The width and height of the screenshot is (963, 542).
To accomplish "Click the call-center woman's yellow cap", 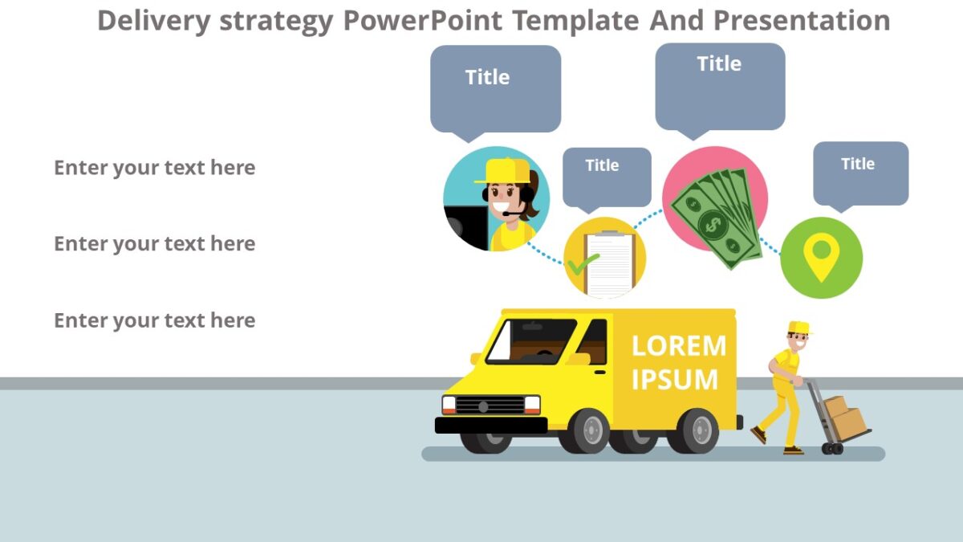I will [506, 170].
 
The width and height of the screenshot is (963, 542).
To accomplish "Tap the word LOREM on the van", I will [678, 346].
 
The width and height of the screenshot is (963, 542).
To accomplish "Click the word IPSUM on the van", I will [674, 379].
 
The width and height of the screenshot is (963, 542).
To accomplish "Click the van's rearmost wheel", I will [693, 431].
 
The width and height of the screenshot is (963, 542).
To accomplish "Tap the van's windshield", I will [531, 340].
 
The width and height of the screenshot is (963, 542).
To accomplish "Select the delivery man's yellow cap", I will [799, 327].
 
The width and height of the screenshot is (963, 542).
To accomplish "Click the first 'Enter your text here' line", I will [154, 168].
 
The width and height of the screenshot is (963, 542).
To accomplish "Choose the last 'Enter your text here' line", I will [154, 320].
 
